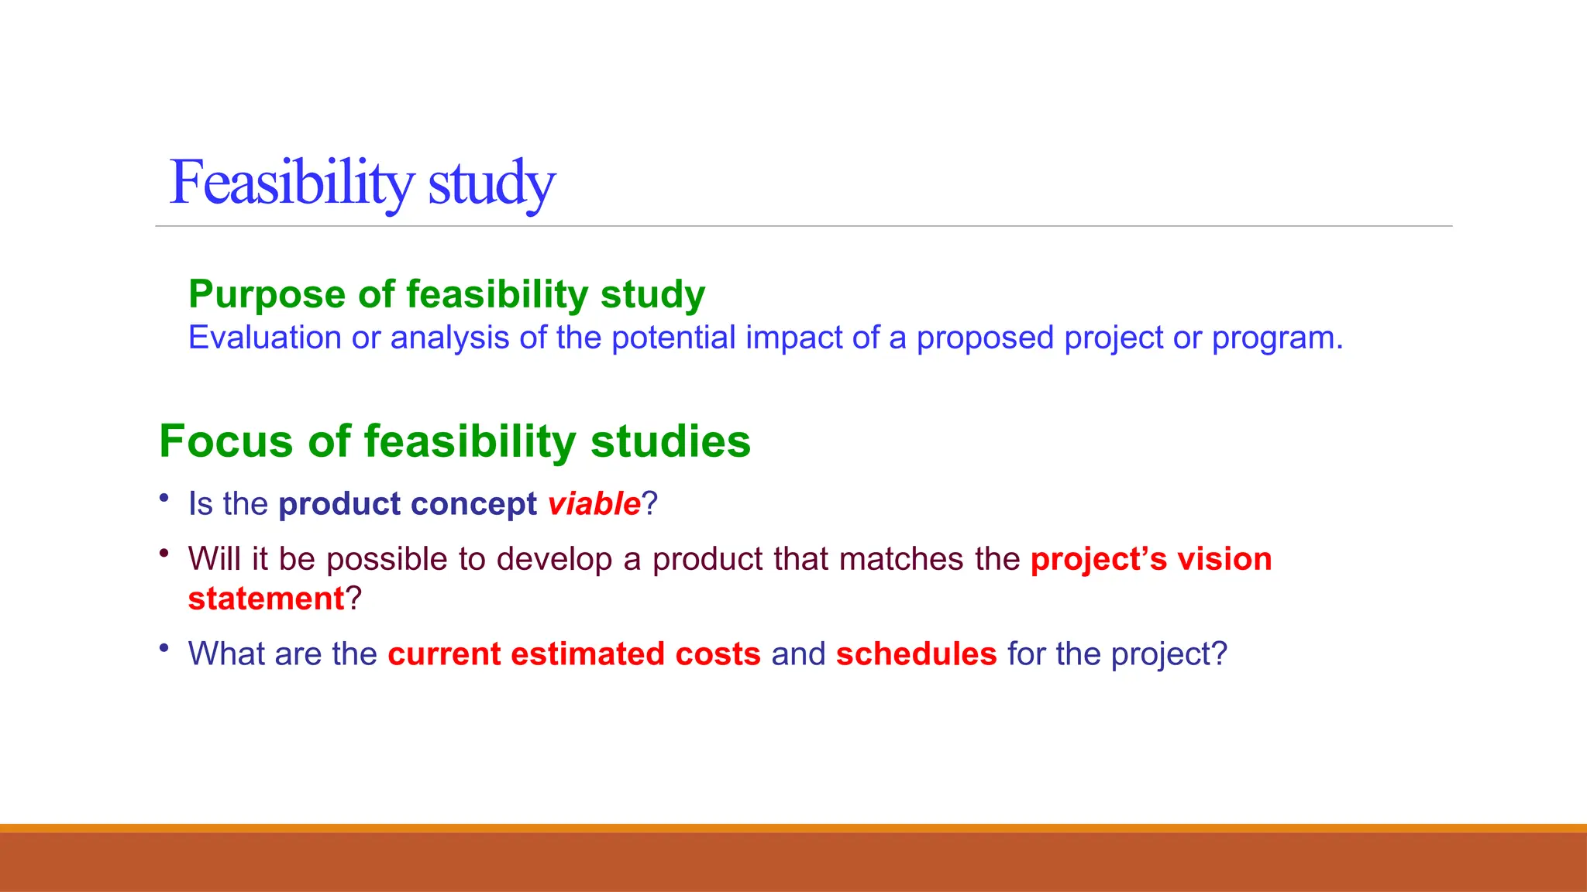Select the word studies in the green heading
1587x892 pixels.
point(670,441)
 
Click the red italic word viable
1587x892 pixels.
point(594,504)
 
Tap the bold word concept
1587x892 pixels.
point(473,504)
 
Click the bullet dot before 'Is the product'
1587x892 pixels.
point(164,498)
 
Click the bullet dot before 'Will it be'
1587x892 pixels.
point(164,553)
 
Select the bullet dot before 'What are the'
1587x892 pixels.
point(164,648)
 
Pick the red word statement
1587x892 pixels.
point(266,599)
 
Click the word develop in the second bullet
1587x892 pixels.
point(554,559)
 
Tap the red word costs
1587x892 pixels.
point(718,654)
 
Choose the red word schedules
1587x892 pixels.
point(916,654)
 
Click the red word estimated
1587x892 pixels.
point(587,654)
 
